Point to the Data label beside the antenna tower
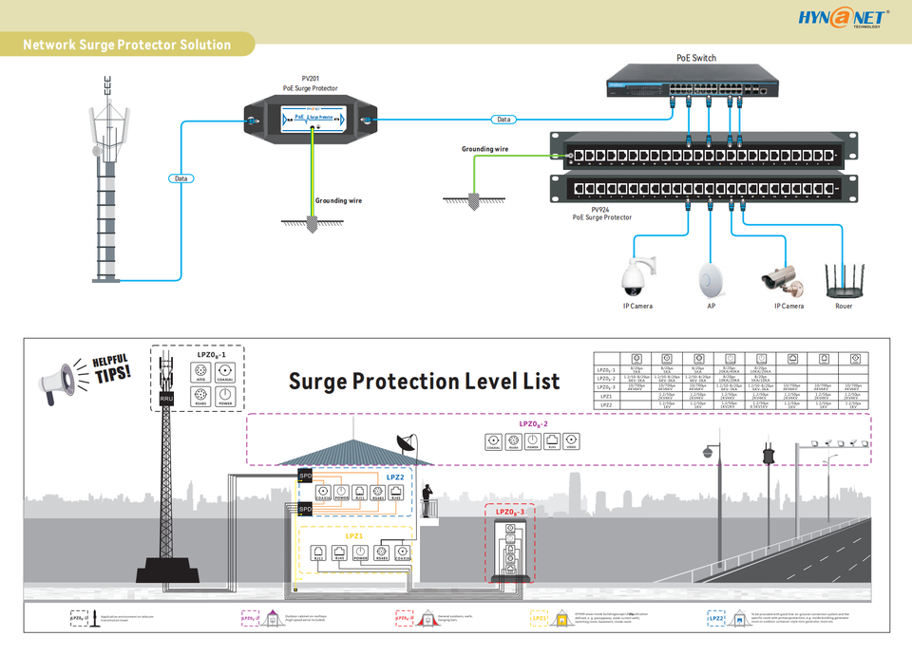[180, 178]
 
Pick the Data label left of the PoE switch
[503, 120]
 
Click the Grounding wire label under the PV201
[338, 201]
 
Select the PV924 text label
[600, 209]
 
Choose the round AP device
[711, 277]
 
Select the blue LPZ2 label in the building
[394, 477]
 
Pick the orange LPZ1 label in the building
[354, 537]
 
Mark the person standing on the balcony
[427, 496]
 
